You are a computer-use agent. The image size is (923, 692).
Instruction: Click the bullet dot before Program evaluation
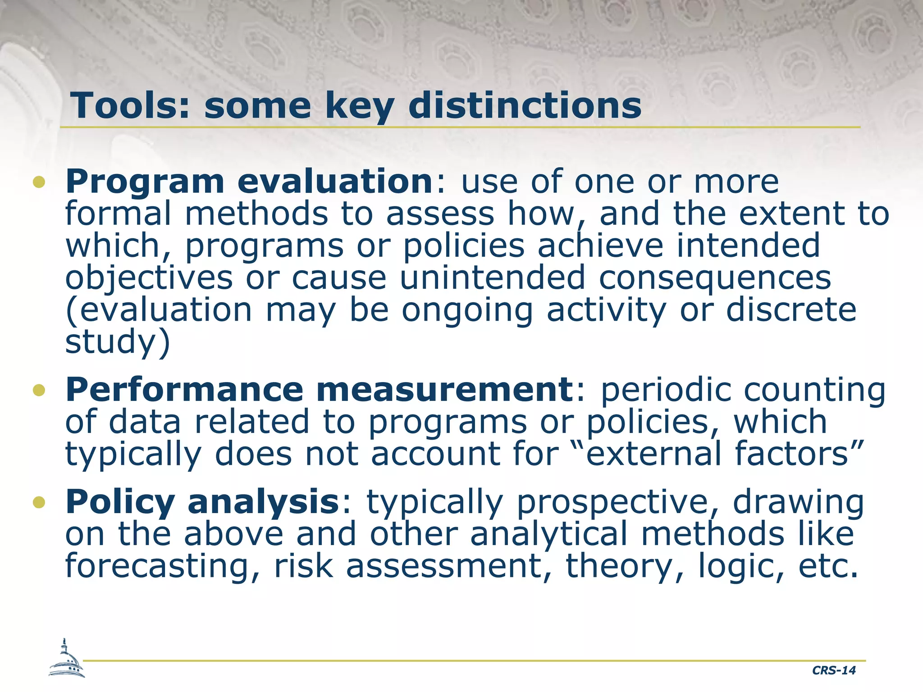point(39,182)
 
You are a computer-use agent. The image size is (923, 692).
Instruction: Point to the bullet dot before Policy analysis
point(39,502)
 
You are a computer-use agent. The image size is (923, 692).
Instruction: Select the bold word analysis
point(264,502)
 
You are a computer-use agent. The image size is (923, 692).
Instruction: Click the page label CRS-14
point(833,670)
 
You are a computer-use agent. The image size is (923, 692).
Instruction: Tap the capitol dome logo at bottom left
point(67,660)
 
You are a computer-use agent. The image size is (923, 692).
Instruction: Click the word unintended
point(492,278)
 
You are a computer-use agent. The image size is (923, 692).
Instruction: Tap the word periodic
point(666,390)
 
